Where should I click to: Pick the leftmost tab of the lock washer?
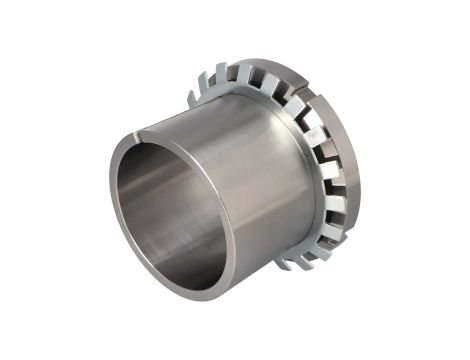(x=191, y=98)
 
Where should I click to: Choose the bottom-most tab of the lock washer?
(x=285, y=264)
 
